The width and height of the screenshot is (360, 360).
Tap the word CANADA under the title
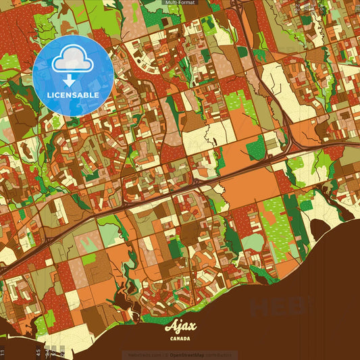(x=180, y=338)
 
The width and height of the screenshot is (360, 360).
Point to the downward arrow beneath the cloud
(x=69, y=80)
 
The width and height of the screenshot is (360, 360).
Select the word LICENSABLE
(x=73, y=95)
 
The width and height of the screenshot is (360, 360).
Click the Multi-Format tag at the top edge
(x=180, y=3)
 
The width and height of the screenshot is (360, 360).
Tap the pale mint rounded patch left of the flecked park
(x=252, y=242)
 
